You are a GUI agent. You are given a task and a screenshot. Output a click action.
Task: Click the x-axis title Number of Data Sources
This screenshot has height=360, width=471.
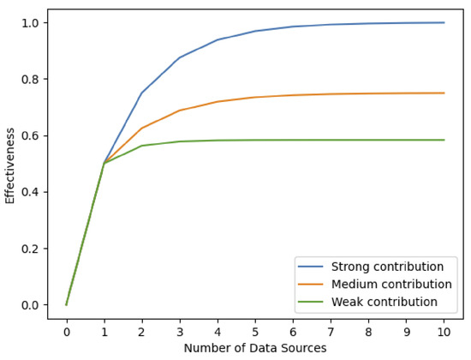tap(255, 349)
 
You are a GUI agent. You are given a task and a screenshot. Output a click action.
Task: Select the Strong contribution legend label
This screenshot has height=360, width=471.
tap(381, 266)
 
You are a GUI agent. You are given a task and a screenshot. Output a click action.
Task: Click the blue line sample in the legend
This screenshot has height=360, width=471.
tap(312, 266)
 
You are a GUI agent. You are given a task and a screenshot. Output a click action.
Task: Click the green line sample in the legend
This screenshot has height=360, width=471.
tap(312, 302)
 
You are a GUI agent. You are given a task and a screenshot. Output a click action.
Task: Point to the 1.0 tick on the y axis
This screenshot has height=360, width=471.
tap(32, 22)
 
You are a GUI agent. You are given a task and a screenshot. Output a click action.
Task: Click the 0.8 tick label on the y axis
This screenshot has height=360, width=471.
tap(32, 79)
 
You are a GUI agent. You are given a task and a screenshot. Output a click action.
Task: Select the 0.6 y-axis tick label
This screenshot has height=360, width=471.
tap(32, 135)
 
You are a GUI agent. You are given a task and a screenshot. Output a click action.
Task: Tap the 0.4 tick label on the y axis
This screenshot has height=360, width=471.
tap(32, 192)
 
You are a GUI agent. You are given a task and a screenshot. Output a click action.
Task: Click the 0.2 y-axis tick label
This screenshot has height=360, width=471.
tap(32, 249)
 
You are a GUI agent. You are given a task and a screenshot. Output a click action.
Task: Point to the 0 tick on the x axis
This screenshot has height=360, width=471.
tap(66, 330)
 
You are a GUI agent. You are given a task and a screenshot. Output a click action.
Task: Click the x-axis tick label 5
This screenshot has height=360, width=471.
tap(255, 330)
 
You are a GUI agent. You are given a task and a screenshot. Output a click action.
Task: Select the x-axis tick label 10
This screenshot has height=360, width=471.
tap(444, 330)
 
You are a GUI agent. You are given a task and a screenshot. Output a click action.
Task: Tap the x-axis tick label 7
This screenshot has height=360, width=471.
tap(331, 330)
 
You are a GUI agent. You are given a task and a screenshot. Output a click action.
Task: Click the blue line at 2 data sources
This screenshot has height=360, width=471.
tap(141, 93)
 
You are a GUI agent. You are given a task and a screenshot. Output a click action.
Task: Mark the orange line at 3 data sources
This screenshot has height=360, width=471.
tap(179, 111)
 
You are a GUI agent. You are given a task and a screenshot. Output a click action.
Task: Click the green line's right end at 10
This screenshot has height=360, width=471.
tap(444, 140)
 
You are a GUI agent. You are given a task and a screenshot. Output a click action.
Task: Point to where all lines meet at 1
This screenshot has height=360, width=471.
tap(104, 163)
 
